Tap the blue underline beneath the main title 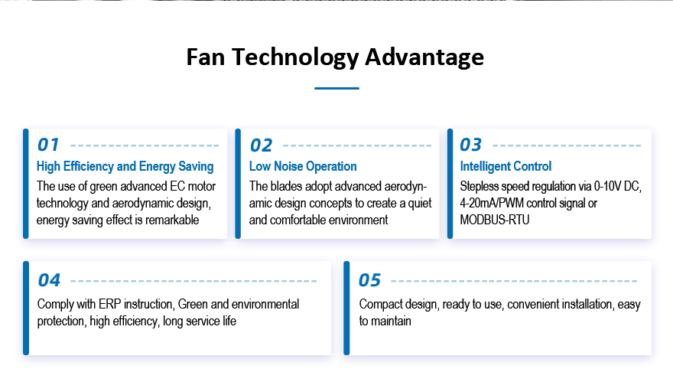click(336, 88)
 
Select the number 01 click(48, 145)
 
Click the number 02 click(261, 145)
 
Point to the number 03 click(471, 145)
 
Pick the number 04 click(49, 280)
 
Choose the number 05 click(369, 280)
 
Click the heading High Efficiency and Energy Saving click(125, 166)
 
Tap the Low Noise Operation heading click(303, 166)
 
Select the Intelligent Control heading click(506, 166)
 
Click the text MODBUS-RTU click(495, 220)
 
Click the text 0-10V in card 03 click(608, 186)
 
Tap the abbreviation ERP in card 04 click(110, 304)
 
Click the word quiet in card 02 click(419, 203)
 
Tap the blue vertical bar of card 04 click(26, 308)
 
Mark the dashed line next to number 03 click(567, 145)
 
